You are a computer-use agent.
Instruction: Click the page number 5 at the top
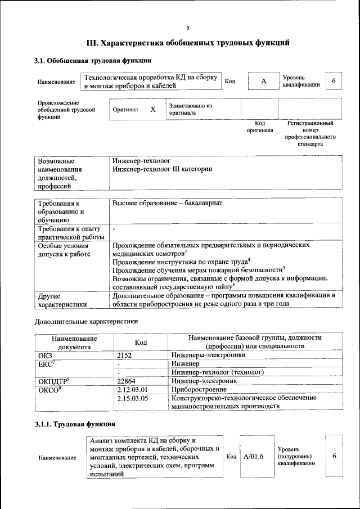coord(188,28)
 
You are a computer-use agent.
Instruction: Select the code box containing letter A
coord(263,82)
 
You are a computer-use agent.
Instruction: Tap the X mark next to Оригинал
coord(152,110)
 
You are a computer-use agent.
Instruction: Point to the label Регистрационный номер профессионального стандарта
coord(310,133)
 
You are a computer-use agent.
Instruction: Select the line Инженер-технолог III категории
coord(162,169)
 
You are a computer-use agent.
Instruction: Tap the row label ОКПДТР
coord(53,381)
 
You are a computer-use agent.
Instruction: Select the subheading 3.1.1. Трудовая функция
coord(75,424)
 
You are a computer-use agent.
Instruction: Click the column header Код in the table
coord(141,342)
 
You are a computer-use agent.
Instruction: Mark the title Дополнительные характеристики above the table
coord(86,322)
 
